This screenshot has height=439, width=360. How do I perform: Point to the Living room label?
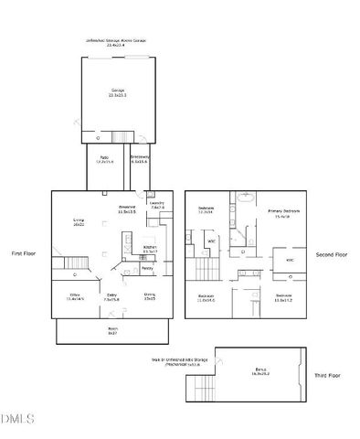coord(79,221)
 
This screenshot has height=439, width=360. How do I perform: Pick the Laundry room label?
coord(156,206)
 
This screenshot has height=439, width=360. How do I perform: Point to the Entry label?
coord(111,296)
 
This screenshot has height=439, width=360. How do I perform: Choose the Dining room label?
coord(149,296)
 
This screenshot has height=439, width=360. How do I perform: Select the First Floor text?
coord(24,253)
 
